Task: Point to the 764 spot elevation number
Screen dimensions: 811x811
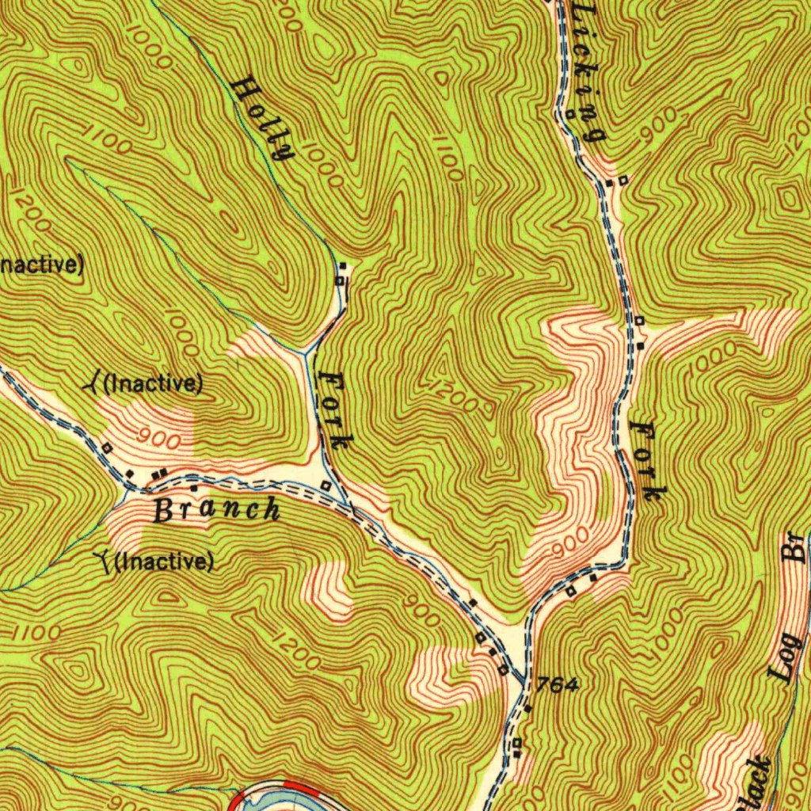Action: click(x=558, y=685)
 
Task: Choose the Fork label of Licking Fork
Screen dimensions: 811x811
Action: click(x=645, y=462)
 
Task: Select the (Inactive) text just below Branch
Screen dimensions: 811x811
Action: click(x=165, y=562)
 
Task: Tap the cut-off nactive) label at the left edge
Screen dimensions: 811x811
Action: click(x=40, y=265)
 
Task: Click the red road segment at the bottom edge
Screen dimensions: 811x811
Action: click(x=299, y=788)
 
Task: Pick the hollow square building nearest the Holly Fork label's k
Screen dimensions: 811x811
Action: click(x=326, y=485)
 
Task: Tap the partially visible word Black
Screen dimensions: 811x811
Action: click(x=756, y=784)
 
